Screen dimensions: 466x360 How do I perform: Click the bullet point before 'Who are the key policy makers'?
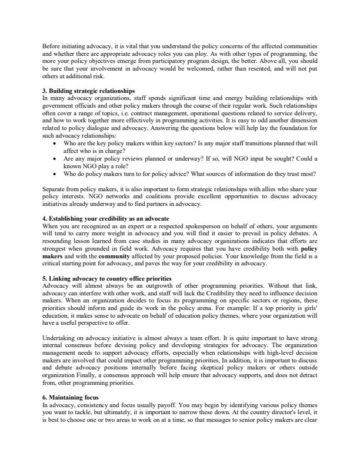pos(55,144)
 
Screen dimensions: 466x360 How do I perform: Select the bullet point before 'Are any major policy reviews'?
pos(55,159)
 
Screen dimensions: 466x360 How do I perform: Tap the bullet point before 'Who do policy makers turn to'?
pos(55,174)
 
